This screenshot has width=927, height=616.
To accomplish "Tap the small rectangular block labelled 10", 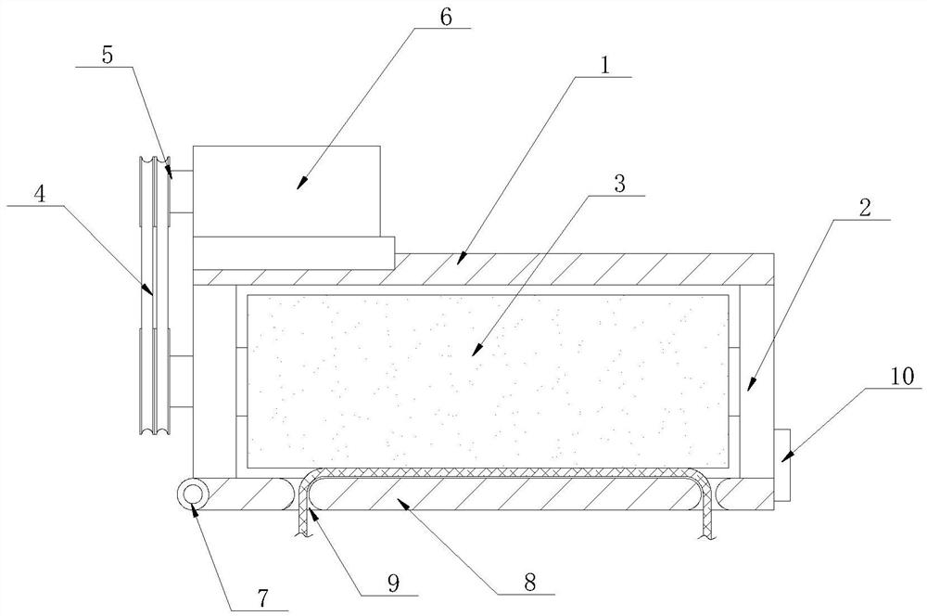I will [x=781, y=465].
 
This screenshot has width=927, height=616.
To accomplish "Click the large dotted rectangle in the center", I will [x=489, y=380].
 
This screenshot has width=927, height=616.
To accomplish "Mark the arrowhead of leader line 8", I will [x=397, y=501].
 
